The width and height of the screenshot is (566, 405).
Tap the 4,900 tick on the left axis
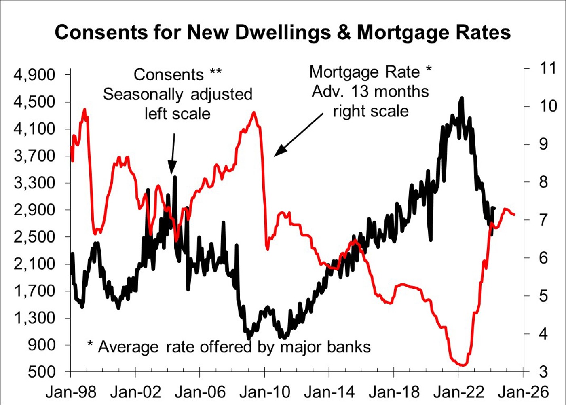34,75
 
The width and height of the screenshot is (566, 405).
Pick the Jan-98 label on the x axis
71,392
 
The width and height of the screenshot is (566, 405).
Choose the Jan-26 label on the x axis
524,392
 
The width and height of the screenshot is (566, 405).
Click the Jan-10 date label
265,392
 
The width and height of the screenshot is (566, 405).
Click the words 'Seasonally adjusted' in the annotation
177,94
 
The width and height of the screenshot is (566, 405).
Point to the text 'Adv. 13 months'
370,92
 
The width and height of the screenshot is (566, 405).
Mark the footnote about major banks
229,347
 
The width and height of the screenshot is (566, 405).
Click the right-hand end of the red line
514,215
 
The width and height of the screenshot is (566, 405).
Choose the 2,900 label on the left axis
34,210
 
